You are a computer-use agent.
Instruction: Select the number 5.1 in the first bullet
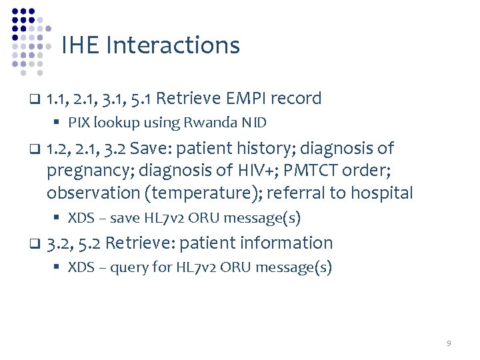[x=143, y=99]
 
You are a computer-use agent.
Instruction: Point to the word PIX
[x=79, y=123]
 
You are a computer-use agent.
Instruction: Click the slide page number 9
[x=449, y=343]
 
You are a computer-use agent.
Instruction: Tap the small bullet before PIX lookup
[x=59, y=123]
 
